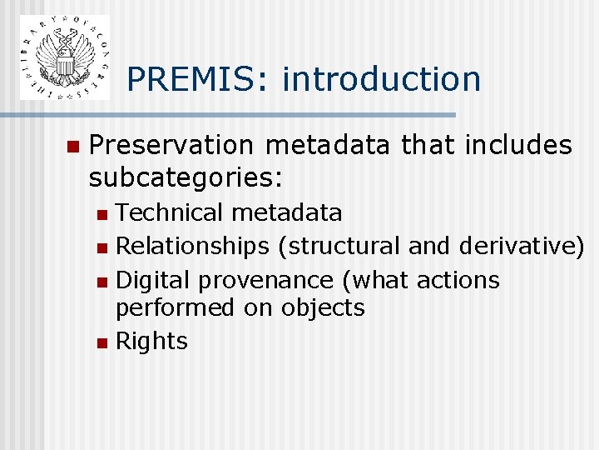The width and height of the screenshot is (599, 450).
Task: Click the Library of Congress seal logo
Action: click(64, 57)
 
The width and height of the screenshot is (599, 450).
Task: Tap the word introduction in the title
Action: click(382, 79)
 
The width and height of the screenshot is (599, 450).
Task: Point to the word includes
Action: click(519, 146)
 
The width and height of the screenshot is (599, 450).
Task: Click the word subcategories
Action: click(186, 177)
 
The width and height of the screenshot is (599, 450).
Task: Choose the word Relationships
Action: click(192, 247)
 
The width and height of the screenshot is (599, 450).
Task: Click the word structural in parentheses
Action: click(344, 247)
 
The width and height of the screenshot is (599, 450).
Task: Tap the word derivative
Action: click(517, 247)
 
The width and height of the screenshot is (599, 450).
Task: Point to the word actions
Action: click(458, 280)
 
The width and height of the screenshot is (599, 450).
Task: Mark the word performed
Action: click(176, 308)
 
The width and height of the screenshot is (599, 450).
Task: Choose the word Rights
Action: click(151, 341)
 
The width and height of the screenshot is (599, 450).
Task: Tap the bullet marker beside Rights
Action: click(101, 342)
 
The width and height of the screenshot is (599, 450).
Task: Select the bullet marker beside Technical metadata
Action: click(101, 215)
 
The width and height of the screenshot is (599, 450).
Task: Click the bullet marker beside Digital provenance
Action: click(101, 282)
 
